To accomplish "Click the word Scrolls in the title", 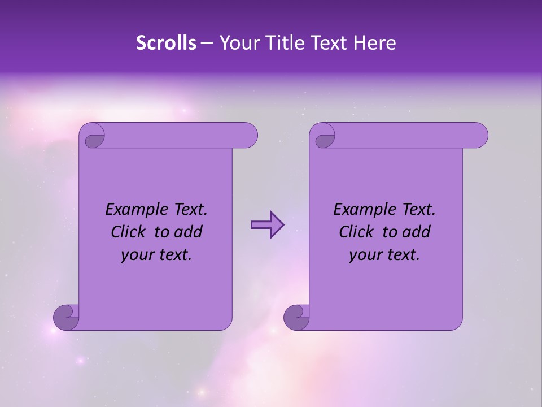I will pyautogui.click(x=166, y=43).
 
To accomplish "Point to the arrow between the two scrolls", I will pyautogui.click(x=267, y=225).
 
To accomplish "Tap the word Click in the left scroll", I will pyautogui.click(x=128, y=232).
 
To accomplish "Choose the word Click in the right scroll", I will pyautogui.click(x=356, y=232).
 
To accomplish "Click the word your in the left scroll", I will pyautogui.click(x=137, y=255).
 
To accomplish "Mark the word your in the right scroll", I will pyautogui.click(x=365, y=255).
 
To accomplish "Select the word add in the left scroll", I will pyautogui.click(x=189, y=232).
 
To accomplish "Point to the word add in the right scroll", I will pyautogui.click(x=417, y=232).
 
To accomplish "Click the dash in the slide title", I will pyautogui.click(x=207, y=44).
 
